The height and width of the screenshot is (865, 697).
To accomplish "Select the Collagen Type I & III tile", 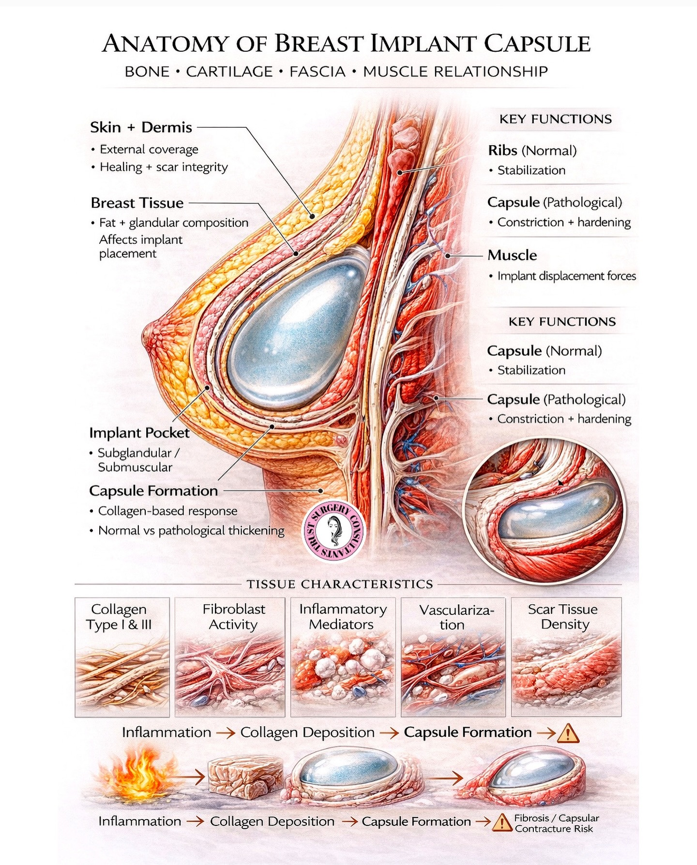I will point(122,657).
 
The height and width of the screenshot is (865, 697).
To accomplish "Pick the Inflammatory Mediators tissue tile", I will point(343,657).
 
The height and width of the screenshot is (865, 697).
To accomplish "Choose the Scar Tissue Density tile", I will point(566,657).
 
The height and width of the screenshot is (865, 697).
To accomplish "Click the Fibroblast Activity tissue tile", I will point(230,657).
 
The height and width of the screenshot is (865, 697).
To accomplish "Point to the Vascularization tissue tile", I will point(453,657).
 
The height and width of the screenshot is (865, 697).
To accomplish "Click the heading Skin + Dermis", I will point(141,127).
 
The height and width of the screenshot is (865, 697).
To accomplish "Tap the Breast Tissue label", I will point(137,203).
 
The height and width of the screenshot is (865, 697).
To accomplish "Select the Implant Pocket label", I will point(139,432).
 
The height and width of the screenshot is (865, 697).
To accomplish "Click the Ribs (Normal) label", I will point(532,150).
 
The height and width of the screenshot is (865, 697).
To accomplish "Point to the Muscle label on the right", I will point(512,255).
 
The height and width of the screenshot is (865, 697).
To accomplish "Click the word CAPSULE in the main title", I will point(537,44).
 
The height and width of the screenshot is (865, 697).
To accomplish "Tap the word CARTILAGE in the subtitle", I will point(229,72).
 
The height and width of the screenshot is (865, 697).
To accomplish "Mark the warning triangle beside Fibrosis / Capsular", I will point(502,822).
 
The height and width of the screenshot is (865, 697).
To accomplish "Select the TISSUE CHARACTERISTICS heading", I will point(340,584).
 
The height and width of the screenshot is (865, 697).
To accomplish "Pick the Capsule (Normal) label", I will point(544,351).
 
